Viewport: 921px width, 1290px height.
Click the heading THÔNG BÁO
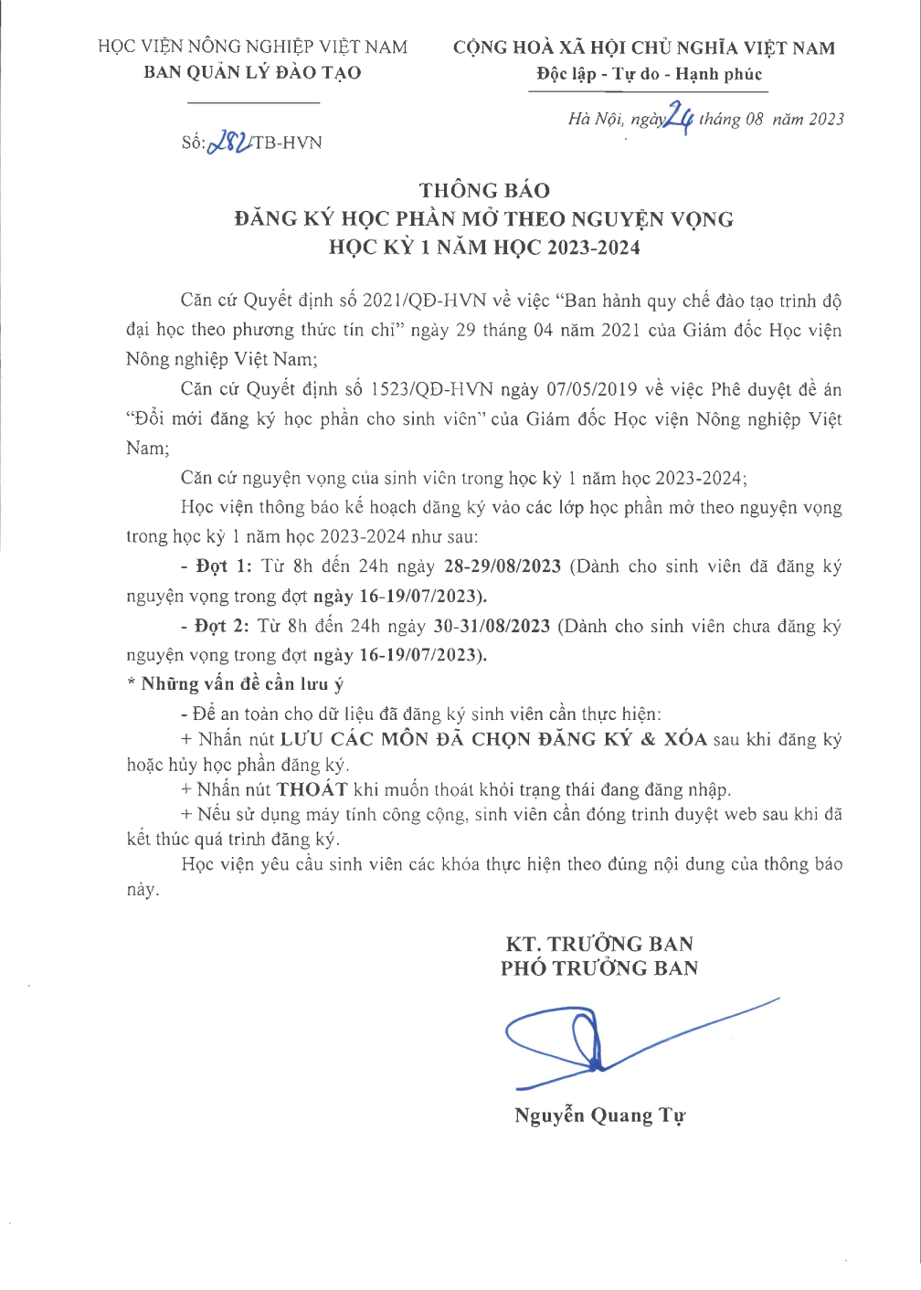(484, 190)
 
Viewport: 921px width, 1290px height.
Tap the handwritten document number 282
(228, 142)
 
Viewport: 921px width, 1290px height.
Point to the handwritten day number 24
(679, 117)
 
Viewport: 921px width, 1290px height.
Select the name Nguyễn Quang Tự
(599, 1116)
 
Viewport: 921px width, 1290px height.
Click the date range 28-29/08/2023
(502, 566)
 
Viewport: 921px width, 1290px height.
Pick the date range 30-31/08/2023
(492, 626)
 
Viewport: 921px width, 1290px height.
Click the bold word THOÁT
(312, 789)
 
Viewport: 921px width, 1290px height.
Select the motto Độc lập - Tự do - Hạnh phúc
(649, 74)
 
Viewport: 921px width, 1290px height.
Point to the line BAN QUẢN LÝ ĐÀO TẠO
(252, 72)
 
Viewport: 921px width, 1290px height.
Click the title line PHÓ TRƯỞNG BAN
(598, 968)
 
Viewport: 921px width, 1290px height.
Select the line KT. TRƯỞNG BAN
(599, 944)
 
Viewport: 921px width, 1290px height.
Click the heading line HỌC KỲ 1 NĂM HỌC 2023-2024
(484, 248)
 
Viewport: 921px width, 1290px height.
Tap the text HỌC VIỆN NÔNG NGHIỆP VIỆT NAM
(252, 47)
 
